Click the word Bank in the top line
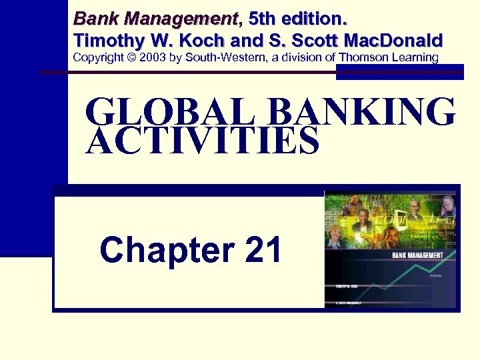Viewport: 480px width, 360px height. click(x=93, y=17)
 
